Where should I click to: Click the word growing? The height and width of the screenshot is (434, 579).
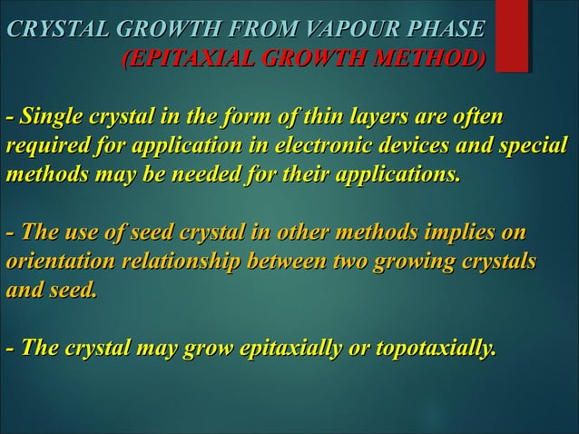(x=416, y=262)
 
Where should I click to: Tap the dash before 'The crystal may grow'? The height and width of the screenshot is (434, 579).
(x=10, y=348)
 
